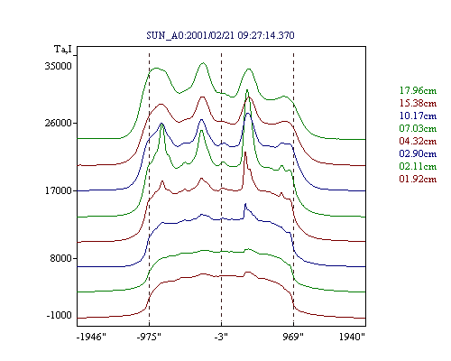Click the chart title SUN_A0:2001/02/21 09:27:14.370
220,35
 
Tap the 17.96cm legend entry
418,90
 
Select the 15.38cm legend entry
418,103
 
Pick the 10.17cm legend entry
418,116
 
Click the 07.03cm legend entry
418,128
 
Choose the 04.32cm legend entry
418,141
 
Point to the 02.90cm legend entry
418,153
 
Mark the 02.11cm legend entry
418,166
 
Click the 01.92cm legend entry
418,179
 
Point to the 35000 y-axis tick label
59,66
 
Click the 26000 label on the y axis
59,123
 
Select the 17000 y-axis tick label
59,190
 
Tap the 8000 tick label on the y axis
61,258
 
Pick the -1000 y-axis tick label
60,315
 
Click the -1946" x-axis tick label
91,337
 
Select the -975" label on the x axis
149,337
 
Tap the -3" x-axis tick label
221,337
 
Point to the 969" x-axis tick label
293,337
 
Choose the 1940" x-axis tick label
352,337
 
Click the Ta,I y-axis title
63,49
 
